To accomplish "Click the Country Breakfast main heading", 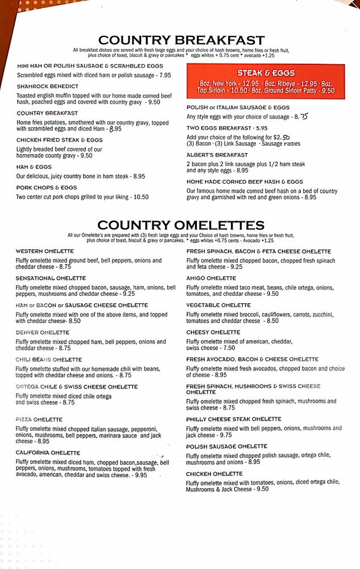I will click(181, 40).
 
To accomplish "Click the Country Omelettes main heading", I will click(181, 225).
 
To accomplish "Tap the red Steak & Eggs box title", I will click(266, 73).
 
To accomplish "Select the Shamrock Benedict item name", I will click(44, 86).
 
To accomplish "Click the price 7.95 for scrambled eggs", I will click(165, 75).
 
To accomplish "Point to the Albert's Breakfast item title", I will click(217, 155).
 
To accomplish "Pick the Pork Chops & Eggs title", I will click(47, 187).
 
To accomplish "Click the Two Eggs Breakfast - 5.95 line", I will click(227, 128).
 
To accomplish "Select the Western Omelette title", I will click(45, 251).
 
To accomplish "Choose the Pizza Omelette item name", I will click(39, 419).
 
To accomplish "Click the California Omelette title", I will click(48, 453).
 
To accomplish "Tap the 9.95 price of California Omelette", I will click(140, 475).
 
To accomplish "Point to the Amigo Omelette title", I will click(211, 278).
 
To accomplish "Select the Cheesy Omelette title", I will click(213, 332).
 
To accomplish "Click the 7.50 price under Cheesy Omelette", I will click(229, 348).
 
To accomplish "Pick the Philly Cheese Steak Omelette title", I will click(234, 419).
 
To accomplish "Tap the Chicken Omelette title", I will click(214, 473).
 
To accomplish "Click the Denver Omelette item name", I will click(43, 332).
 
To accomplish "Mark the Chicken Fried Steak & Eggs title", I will click(60, 139).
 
